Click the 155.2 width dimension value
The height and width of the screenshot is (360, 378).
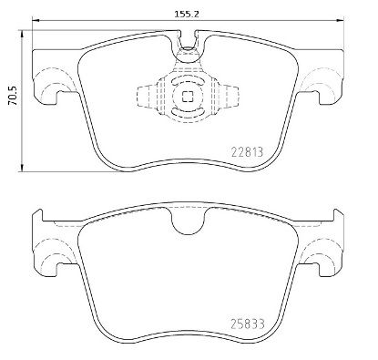coord(189,14)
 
